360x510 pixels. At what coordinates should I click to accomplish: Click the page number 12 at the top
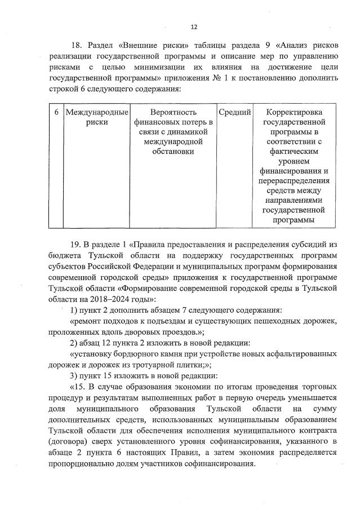pos(194,26)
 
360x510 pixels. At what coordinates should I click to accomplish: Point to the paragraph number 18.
pos(76,46)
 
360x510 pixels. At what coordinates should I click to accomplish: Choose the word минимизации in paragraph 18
pos(164,67)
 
